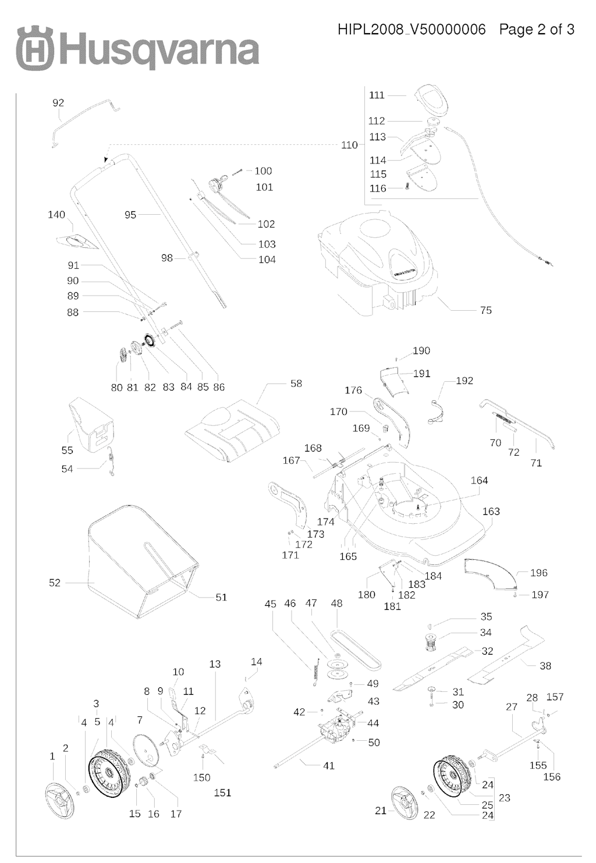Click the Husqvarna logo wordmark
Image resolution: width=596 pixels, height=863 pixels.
(x=137, y=49)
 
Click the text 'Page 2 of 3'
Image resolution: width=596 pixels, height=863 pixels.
(x=537, y=29)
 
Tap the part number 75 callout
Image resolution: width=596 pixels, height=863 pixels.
(x=486, y=310)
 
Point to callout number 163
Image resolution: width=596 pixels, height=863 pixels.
(x=491, y=512)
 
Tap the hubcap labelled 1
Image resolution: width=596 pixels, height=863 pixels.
(x=60, y=800)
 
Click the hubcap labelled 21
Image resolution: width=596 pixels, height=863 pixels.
(x=405, y=803)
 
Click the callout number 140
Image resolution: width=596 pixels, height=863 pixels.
(x=56, y=215)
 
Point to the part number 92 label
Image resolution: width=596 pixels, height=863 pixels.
(x=58, y=103)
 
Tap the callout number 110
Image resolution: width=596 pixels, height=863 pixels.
(x=349, y=145)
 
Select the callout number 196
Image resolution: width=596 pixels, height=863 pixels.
(x=539, y=573)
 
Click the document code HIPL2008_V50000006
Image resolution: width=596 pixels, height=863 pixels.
(x=411, y=29)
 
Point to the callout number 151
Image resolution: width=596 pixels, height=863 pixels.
(x=223, y=792)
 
